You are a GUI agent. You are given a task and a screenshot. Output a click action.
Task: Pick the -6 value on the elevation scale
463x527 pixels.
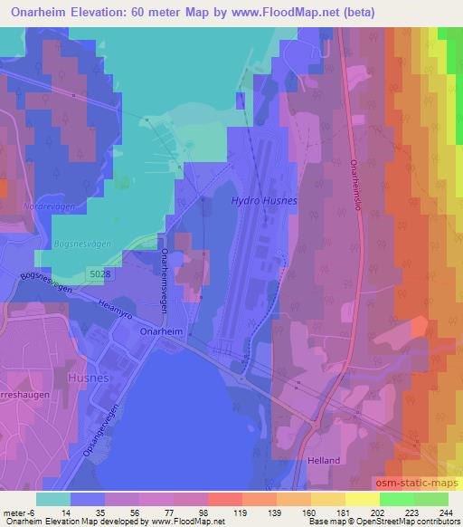[x=31, y=513]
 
